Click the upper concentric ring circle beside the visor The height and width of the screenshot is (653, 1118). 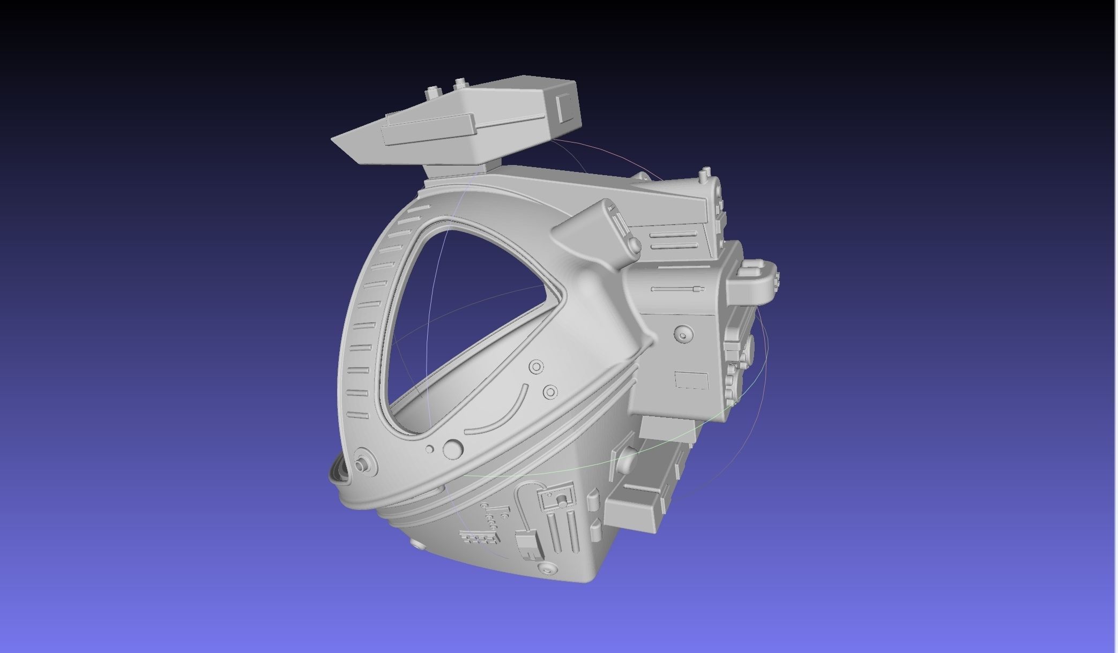[536, 367]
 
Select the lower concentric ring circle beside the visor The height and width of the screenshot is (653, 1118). [550, 392]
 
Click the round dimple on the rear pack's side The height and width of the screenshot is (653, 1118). [683, 334]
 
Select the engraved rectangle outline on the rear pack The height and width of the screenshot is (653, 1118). [691, 380]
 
